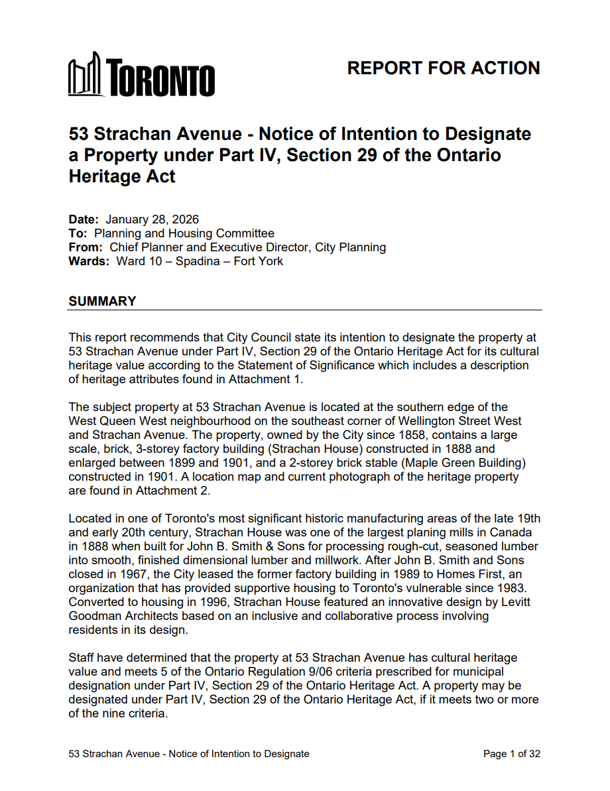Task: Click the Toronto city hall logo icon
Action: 86,74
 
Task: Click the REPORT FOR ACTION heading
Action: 443,68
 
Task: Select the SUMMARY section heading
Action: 102,301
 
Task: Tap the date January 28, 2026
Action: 152,219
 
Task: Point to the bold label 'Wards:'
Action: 89,261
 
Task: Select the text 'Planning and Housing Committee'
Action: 184,233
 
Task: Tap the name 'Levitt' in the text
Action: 517,588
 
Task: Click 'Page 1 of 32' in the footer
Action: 511,754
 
